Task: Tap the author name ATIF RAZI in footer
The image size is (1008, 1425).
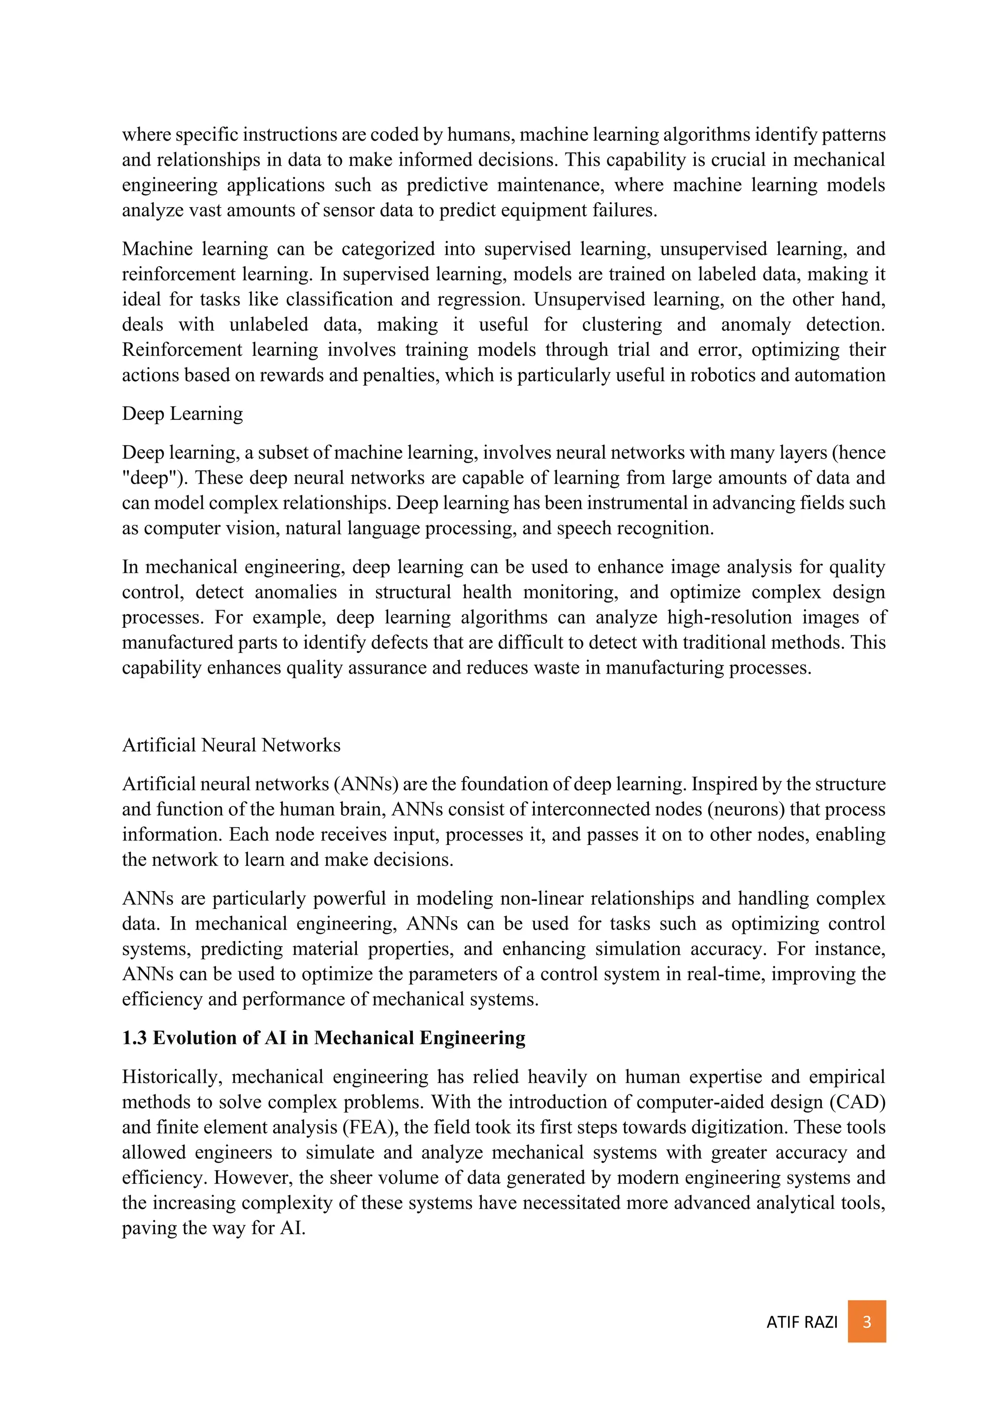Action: point(801,1322)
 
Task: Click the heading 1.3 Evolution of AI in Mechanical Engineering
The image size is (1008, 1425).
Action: point(323,1038)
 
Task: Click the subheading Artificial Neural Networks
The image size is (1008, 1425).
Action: point(231,745)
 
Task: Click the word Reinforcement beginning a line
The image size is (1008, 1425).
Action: point(181,349)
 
